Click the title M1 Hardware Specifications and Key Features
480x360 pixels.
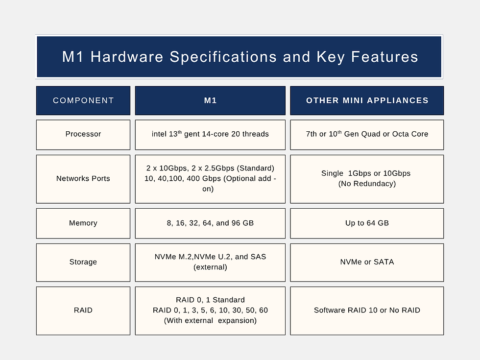tap(240, 57)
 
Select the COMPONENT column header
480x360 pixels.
tap(83, 100)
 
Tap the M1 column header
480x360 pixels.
tap(210, 100)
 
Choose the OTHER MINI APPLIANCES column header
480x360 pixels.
tap(367, 100)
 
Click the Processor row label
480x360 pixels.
tap(83, 134)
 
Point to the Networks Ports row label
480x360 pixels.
tap(83, 179)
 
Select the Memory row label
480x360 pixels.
tap(83, 223)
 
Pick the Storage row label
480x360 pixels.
tap(83, 262)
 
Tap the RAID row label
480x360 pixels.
tap(83, 310)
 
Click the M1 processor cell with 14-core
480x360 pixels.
tap(210, 134)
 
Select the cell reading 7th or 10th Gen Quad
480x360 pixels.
tap(367, 134)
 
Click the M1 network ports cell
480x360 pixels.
tap(210, 179)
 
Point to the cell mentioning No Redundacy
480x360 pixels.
tap(367, 179)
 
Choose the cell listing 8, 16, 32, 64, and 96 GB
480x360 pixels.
tap(210, 223)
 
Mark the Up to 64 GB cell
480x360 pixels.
tap(367, 223)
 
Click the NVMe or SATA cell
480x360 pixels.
tap(367, 262)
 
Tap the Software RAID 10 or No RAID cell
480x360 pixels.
tap(367, 310)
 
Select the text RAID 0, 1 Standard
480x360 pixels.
tap(210, 300)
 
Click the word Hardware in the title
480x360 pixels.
tap(127, 57)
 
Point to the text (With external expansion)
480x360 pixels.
tap(210, 321)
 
